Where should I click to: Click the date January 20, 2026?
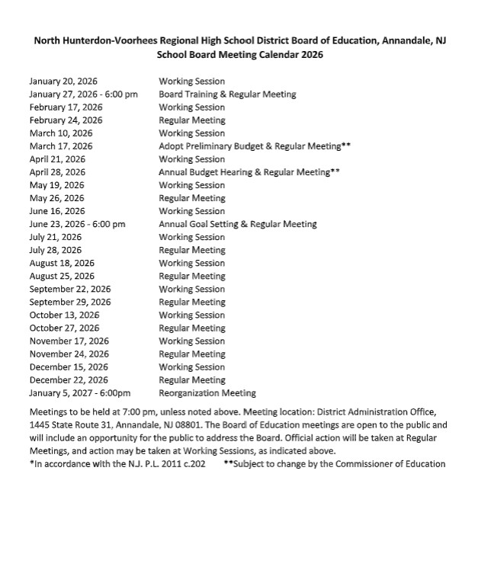click(x=63, y=81)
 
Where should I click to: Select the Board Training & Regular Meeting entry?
click(x=227, y=94)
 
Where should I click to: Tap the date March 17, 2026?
click(x=61, y=146)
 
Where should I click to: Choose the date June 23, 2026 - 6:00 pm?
click(x=77, y=224)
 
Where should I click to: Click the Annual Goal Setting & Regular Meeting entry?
click(x=237, y=224)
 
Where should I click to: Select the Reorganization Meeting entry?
click(x=207, y=393)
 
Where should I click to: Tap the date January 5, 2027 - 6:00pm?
click(x=80, y=393)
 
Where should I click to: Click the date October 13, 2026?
click(x=64, y=315)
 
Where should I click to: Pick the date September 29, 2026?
click(x=70, y=302)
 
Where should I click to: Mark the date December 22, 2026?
click(x=69, y=379)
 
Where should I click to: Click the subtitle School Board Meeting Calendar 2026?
click(x=239, y=55)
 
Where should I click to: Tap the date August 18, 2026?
click(x=62, y=263)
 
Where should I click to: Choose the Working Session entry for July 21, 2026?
click(x=191, y=237)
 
